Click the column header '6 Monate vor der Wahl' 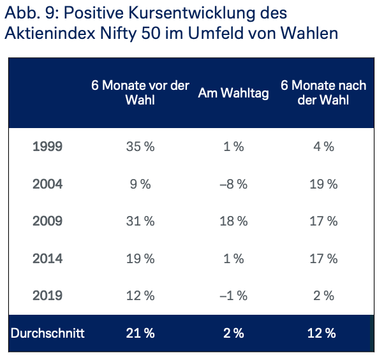click(140, 93)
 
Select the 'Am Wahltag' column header click(233, 93)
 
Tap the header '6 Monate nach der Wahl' click(323, 93)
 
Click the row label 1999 click(47, 147)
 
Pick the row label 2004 click(47, 184)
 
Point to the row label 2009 click(47, 222)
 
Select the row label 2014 click(47, 259)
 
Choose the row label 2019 click(47, 296)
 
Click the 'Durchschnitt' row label click(47, 333)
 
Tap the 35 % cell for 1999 click(140, 147)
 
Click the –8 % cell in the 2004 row click(233, 184)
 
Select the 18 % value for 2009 click(233, 222)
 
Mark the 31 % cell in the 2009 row click(140, 222)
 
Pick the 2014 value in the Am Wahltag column click(233, 259)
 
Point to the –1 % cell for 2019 click(233, 296)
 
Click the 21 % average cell click(140, 333)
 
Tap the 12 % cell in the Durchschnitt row click(323, 333)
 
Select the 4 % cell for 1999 click(323, 147)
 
